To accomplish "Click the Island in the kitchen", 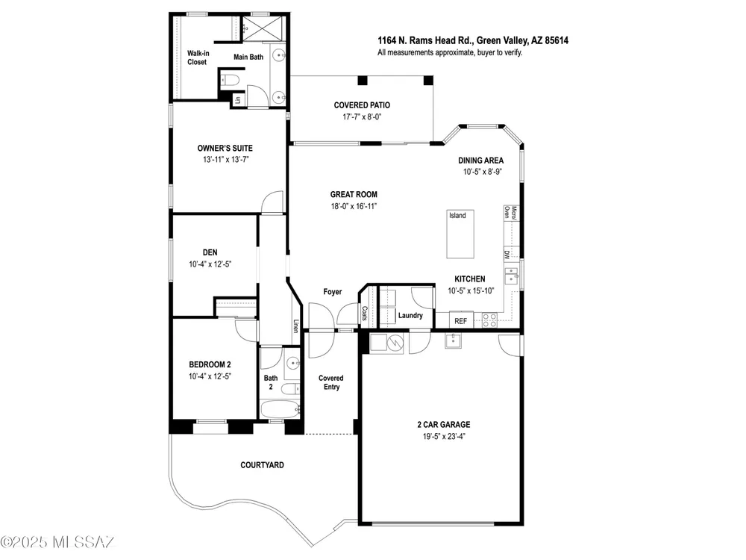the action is click(x=460, y=234).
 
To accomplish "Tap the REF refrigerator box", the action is click(x=460, y=320).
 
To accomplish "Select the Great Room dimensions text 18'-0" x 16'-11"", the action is click(x=354, y=206).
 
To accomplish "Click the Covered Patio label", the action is click(x=362, y=105).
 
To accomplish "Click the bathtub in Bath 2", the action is click(x=280, y=408).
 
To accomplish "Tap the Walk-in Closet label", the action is click(x=198, y=57).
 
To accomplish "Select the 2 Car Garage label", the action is click(x=444, y=424).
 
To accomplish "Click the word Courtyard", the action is click(x=262, y=464).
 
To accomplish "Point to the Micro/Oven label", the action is click(x=510, y=212).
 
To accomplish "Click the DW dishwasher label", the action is click(x=507, y=255).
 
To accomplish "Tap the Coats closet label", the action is click(x=365, y=313).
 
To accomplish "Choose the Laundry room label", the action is click(x=410, y=315).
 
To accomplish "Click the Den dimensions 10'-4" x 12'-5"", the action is click(x=210, y=264).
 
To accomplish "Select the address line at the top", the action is click(x=473, y=40).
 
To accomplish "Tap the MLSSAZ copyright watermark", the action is click(x=58, y=542).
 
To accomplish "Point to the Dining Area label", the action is click(x=480, y=161).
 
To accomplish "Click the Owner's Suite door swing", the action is click(x=272, y=202).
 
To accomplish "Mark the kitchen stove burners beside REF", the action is click(x=489, y=320).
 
